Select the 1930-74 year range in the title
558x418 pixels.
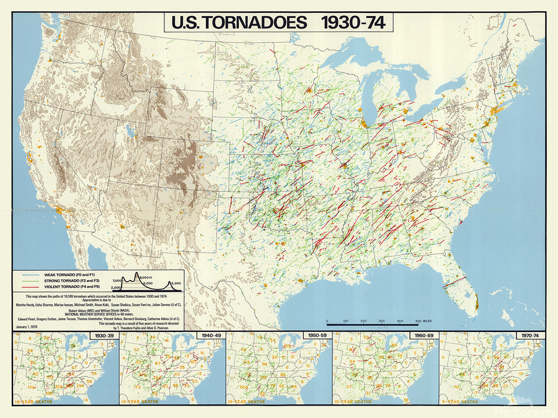click(x=353, y=23)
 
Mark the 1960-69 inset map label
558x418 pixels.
click(x=422, y=336)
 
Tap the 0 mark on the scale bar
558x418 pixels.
click(x=327, y=321)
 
